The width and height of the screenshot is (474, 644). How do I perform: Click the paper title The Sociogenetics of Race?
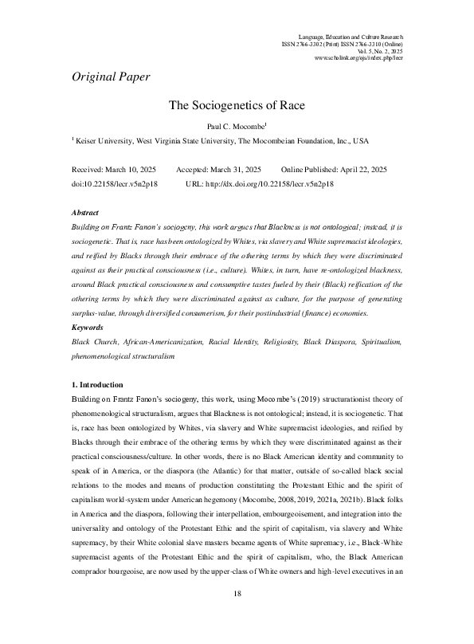(237, 104)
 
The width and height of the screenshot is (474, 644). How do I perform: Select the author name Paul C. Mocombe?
(236, 124)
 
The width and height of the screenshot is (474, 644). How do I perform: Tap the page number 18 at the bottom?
(237, 616)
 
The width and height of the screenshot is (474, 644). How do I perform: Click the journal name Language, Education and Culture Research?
(350, 37)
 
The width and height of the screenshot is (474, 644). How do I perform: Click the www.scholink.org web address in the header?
(358, 59)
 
